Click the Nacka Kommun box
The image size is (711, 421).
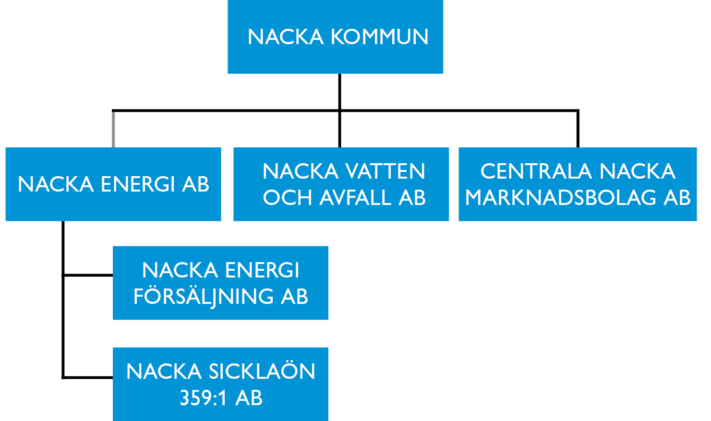[x=335, y=36]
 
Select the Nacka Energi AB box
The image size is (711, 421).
[x=113, y=184]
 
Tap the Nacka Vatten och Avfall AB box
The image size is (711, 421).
[x=341, y=184]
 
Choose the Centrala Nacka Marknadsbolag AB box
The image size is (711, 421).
[x=578, y=184]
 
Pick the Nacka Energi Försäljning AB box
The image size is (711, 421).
[x=220, y=283]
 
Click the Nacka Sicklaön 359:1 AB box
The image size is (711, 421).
[x=220, y=384]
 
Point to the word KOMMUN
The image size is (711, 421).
[x=379, y=37]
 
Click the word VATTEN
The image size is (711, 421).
[x=385, y=171]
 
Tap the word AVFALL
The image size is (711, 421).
[x=355, y=198]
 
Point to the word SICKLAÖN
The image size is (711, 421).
[x=261, y=372]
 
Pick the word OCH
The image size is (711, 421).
[x=287, y=198]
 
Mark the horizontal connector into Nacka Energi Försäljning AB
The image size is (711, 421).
[x=88, y=275]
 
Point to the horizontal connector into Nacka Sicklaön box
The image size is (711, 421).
[x=88, y=377]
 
